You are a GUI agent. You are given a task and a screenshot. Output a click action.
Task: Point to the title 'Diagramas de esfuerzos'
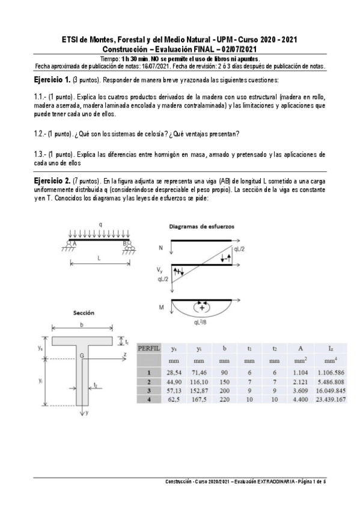[202, 226]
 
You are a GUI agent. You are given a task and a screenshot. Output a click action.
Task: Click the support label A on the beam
[75, 243]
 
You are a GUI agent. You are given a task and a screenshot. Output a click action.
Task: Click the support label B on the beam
[125, 243]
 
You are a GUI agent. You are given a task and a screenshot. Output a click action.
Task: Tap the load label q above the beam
[100, 226]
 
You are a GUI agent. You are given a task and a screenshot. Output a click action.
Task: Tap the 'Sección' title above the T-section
[83, 313]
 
